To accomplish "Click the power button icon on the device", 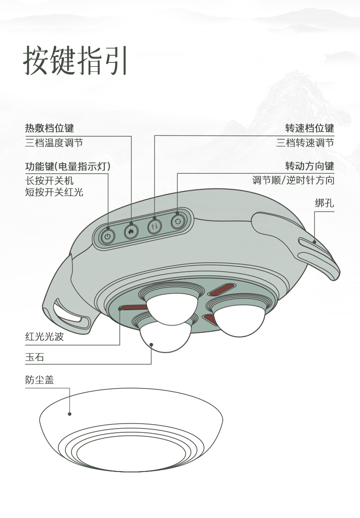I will [x=108, y=236].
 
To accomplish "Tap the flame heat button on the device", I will [x=131, y=231].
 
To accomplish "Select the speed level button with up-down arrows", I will [x=154, y=227].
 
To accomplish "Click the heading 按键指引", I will [x=75, y=60].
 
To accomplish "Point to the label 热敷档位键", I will [x=49, y=128].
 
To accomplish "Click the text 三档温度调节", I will [x=54, y=143].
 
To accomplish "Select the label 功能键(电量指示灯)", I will [x=68, y=166].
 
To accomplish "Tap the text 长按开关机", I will [x=49, y=181].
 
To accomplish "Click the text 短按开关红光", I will [x=54, y=192].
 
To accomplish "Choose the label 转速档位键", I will [x=309, y=128].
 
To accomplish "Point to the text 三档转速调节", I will [x=305, y=143].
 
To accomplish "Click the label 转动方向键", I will [x=309, y=166].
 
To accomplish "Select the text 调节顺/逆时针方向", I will [x=293, y=181].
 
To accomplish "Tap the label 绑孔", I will [x=324, y=203].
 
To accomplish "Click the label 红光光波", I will [x=44, y=338].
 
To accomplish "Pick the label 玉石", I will [x=35, y=357].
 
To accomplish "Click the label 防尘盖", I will [x=40, y=380].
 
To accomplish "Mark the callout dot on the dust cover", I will [x=70, y=414].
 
